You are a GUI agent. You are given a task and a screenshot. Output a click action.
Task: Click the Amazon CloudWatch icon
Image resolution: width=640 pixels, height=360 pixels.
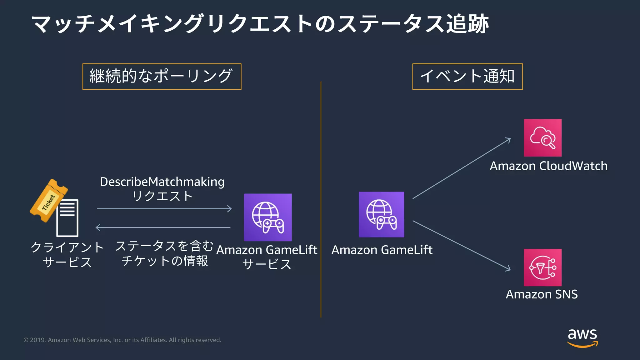542,137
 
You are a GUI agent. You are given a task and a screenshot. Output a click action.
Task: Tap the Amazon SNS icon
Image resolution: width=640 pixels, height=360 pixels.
542,267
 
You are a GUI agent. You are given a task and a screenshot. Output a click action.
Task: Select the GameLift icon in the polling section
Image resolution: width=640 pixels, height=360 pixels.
267,217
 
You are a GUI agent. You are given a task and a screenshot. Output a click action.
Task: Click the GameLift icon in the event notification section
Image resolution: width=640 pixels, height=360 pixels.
381,214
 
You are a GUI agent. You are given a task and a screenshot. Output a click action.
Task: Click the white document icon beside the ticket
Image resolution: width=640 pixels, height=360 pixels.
67,218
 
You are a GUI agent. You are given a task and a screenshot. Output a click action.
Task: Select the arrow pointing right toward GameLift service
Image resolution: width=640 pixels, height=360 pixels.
164,209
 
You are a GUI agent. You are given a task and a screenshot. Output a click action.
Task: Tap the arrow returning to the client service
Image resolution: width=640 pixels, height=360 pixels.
162,227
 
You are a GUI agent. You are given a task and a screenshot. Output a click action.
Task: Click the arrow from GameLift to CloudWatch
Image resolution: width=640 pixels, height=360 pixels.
462,168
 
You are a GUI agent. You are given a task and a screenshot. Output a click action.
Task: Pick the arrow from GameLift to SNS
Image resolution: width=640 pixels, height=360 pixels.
462,245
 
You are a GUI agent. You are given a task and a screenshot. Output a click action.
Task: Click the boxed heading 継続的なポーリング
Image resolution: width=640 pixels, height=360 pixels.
162,77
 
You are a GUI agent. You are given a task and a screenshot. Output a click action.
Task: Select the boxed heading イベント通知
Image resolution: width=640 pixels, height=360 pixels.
467,77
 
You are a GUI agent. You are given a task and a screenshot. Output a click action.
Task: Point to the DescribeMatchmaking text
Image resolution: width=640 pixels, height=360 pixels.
162,182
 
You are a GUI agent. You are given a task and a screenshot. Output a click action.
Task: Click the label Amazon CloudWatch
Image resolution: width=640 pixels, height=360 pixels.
548,166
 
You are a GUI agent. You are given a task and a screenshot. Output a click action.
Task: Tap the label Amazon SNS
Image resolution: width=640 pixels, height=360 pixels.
542,294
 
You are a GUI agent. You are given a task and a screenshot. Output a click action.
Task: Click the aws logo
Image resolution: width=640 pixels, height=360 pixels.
582,337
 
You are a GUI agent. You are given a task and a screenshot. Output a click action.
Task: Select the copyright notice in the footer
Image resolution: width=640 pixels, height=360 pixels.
122,340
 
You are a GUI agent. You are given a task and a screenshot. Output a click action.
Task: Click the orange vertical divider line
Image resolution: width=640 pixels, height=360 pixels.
321,200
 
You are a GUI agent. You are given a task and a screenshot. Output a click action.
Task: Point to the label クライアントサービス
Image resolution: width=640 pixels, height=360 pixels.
67,255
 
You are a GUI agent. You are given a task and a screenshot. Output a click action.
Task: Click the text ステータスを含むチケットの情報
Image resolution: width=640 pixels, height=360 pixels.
165,253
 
